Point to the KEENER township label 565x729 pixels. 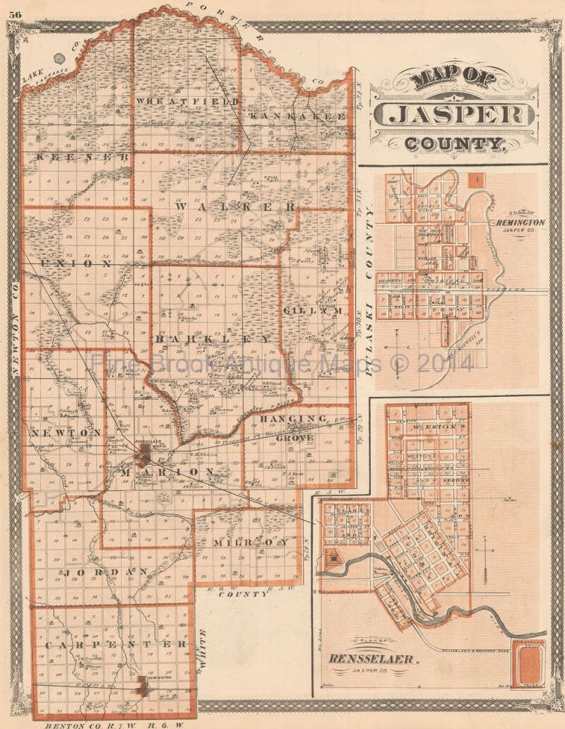pyautogui.click(x=83, y=156)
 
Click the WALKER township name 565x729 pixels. pyautogui.click(x=235, y=207)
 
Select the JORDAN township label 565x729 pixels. pyautogui.click(x=106, y=571)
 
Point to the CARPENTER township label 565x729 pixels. pyautogui.click(x=116, y=644)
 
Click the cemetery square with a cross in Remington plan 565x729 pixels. pyautogui.click(x=478, y=179)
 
